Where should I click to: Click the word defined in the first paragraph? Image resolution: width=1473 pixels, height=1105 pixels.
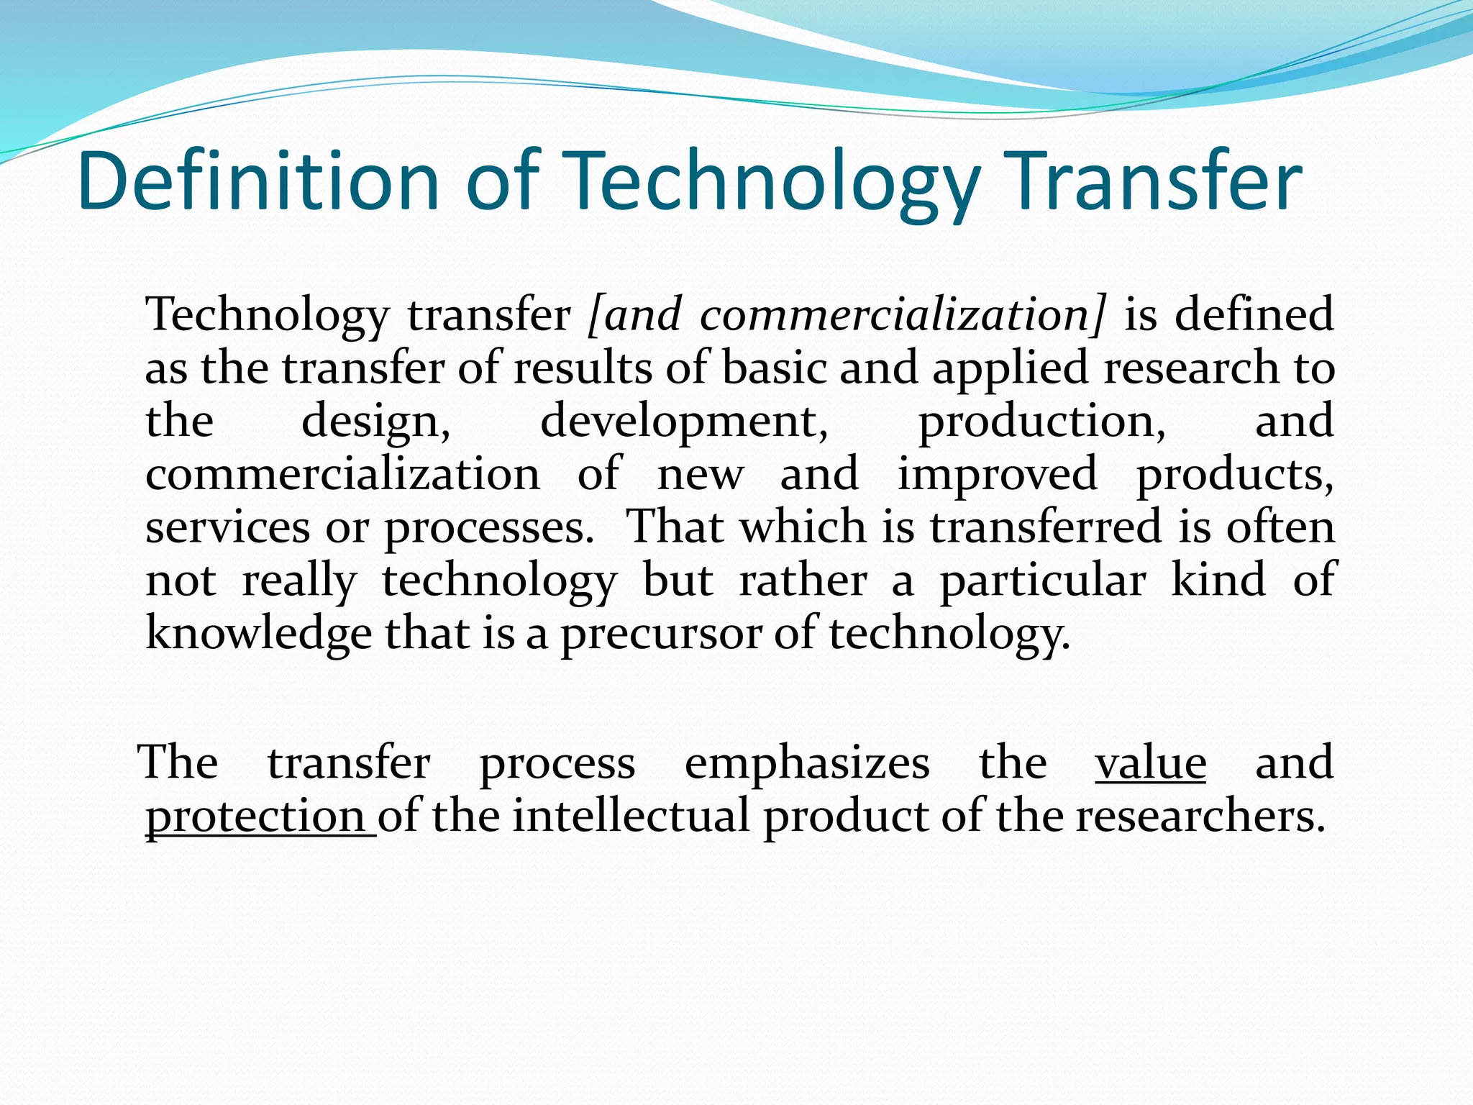click(1254, 315)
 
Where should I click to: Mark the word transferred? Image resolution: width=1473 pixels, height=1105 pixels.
click(1046, 527)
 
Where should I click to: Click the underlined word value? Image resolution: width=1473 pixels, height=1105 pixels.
click(1150, 763)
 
